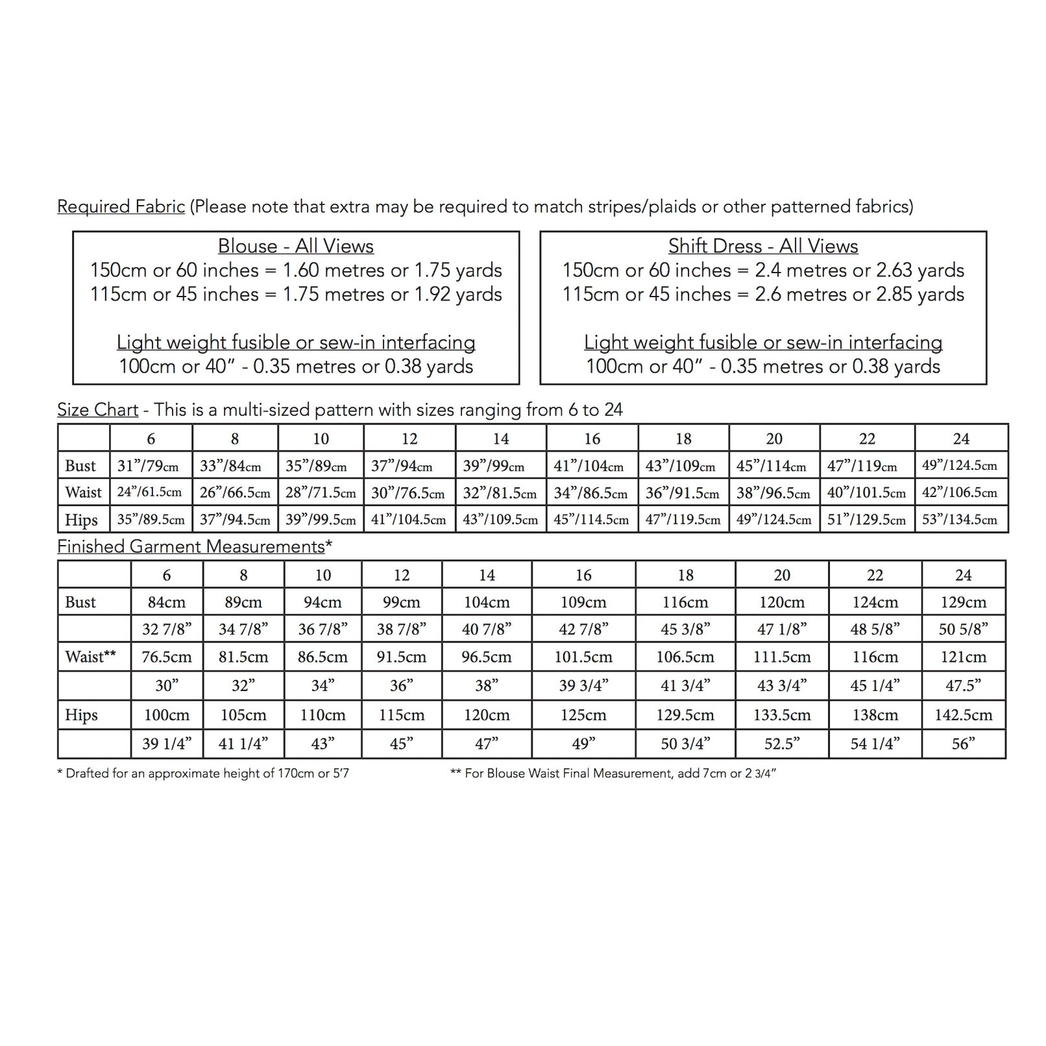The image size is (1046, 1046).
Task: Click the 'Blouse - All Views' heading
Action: tap(295, 247)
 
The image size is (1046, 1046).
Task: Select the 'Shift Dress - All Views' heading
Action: tap(763, 247)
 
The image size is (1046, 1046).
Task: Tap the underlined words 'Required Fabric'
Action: tap(121, 207)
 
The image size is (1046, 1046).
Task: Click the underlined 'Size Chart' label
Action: tap(97, 410)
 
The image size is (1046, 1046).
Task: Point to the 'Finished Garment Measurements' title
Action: tap(191, 547)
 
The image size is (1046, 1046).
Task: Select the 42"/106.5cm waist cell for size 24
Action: tap(960, 493)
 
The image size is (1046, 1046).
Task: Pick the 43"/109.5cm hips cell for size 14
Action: tap(500, 520)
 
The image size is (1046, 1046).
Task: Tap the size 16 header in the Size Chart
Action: tap(592, 439)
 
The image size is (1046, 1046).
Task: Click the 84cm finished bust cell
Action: tap(167, 603)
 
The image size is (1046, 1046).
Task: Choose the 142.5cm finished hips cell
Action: tap(963, 716)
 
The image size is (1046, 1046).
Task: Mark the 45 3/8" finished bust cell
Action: tap(685, 629)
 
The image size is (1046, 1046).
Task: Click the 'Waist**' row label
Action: tap(90, 657)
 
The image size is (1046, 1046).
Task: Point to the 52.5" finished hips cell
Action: tap(781, 744)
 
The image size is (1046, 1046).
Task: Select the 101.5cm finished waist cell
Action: tap(583, 657)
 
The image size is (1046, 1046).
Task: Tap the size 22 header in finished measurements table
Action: tap(875, 576)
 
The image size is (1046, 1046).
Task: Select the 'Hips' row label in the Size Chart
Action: tap(81, 520)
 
